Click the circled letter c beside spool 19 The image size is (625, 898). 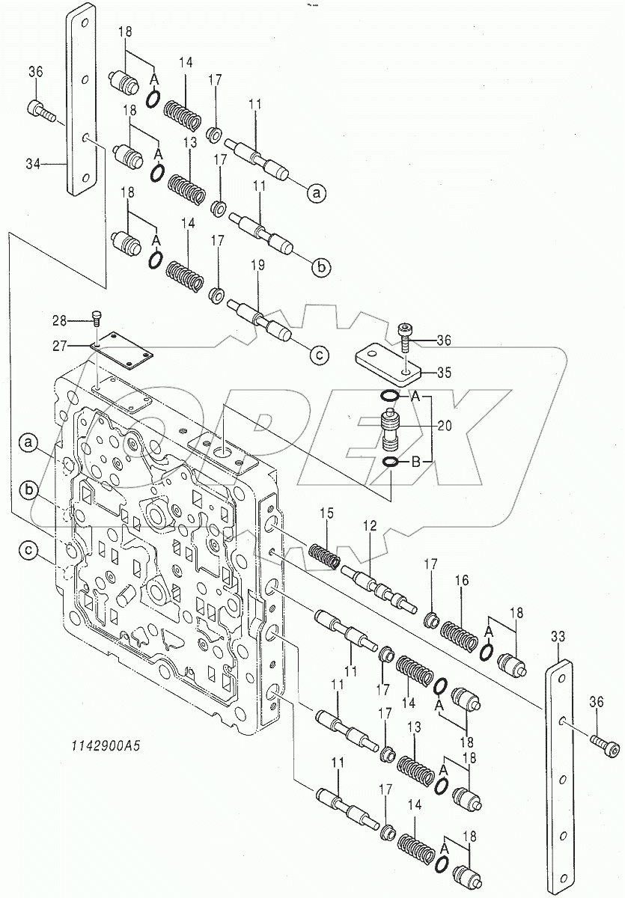[317, 356]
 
